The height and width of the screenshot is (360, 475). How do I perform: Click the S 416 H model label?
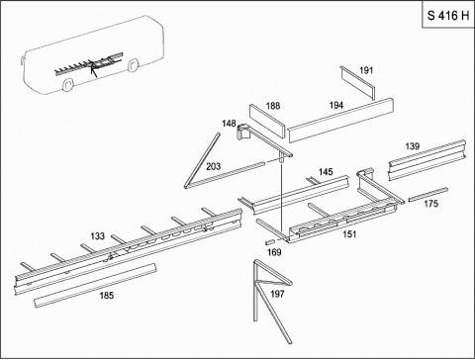pyautogui.click(x=448, y=16)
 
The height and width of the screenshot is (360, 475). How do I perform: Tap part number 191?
pyautogui.click(x=366, y=70)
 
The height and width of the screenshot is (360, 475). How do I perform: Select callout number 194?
pyautogui.click(x=336, y=105)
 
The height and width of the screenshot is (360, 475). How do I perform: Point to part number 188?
pyautogui.click(x=273, y=106)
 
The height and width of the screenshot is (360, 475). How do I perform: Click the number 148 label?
pyautogui.click(x=229, y=124)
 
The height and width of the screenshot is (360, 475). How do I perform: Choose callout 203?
pyautogui.click(x=213, y=166)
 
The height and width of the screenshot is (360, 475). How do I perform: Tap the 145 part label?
pyautogui.click(x=326, y=172)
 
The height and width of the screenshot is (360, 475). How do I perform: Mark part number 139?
pyautogui.click(x=413, y=146)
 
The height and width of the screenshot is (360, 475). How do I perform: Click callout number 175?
pyautogui.click(x=431, y=204)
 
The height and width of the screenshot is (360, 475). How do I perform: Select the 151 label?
pyautogui.click(x=349, y=234)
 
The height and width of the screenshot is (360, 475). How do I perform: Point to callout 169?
pyautogui.click(x=274, y=252)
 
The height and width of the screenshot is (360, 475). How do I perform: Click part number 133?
pyautogui.click(x=98, y=236)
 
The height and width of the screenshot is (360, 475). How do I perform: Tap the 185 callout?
pyautogui.click(x=107, y=295)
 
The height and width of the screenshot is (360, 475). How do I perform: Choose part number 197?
pyautogui.click(x=277, y=294)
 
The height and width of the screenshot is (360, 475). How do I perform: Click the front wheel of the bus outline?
pyautogui.click(x=67, y=85)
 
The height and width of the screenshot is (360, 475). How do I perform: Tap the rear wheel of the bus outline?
pyautogui.click(x=133, y=64)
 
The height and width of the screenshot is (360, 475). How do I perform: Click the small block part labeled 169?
pyautogui.click(x=269, y=242)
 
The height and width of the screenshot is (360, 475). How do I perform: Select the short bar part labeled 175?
pyautogui.click(x=427, y=195)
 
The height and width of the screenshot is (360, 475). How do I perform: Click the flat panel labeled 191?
pyautogui.click(x=358, y=83)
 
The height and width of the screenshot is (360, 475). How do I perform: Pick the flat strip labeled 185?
pyautogui.click(x=95, y=286)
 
